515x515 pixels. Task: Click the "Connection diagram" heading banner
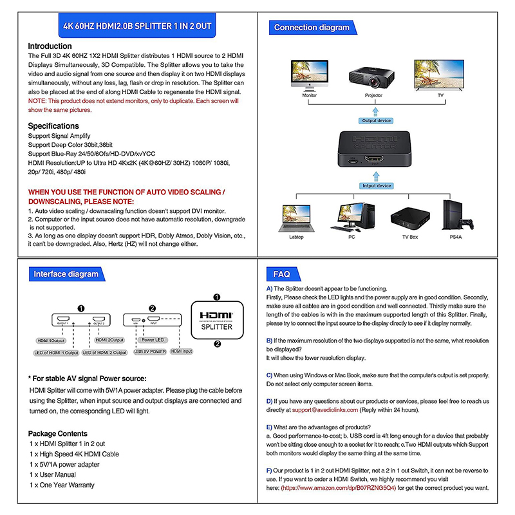point(312,28)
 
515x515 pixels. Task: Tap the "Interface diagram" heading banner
point(66,274)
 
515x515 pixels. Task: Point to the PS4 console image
point(451,217)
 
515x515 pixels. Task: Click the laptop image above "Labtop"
point(296,219)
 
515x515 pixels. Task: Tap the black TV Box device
point(409,219)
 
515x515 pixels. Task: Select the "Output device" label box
point(376,120)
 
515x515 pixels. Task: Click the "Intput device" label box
point(376,186)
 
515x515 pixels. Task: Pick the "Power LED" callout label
point(153,339)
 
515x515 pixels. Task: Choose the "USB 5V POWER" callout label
point(149,352)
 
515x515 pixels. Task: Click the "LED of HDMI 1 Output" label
point(56,353)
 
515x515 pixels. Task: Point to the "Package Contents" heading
point(58,433)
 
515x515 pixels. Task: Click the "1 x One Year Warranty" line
point(62,485)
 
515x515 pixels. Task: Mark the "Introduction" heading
point(50,46)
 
